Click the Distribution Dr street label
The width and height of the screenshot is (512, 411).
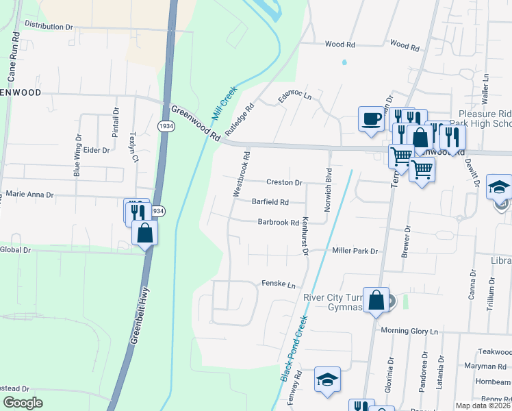coord(48,26)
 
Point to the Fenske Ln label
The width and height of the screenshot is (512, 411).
coord(278,284)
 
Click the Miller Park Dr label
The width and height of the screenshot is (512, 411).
coord(355,251)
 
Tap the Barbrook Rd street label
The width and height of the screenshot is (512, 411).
coord(278,222)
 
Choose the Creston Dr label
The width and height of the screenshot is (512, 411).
coord(284,183)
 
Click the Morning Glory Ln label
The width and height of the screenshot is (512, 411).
coord(409,331)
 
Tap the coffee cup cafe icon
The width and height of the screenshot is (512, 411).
coord(371,119)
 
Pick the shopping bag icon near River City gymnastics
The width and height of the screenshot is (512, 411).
coord(376,299)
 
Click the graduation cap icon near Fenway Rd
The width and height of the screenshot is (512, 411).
coord(327,379)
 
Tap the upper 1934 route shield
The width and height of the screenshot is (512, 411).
coord(164,126)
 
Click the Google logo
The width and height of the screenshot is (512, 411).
coord(23,403)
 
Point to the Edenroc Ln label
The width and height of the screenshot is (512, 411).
coord(294,96)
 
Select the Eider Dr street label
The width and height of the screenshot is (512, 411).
coord(96,149)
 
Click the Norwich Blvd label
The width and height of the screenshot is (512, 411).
coord(329,190)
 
